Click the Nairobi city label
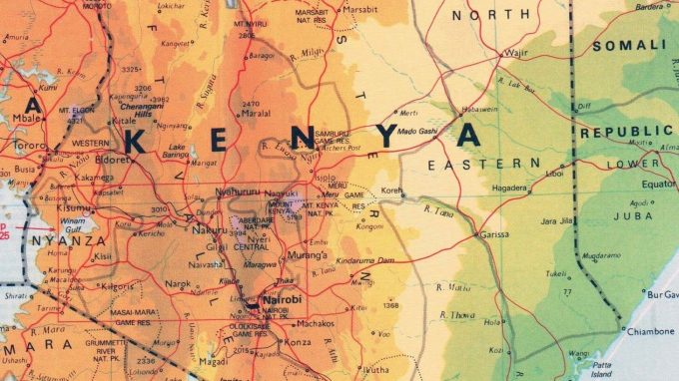[283, 298]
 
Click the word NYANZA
[68, 240]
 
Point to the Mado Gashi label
[418, 131]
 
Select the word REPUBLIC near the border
[624, 131]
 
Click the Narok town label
[177, 284]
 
